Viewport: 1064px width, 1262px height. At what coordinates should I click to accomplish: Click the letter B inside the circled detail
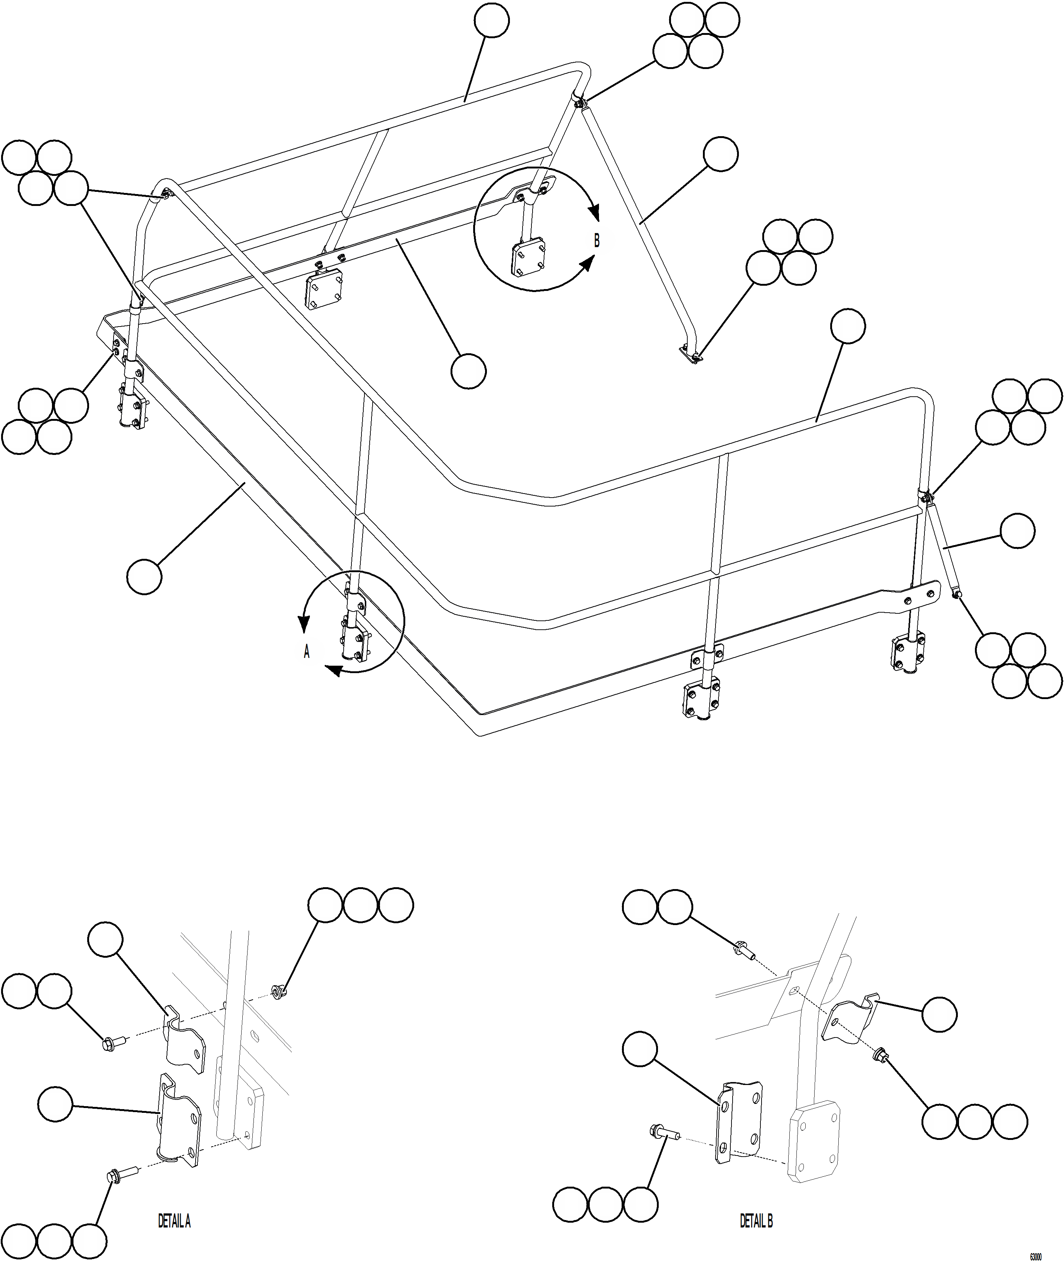click(596, 240)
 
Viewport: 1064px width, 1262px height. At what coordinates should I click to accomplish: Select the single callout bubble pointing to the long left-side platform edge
click(145, 576)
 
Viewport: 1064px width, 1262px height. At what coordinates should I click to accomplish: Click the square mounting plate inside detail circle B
click(529, 259)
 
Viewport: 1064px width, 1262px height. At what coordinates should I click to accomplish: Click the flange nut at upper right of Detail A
click(278, 990)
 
